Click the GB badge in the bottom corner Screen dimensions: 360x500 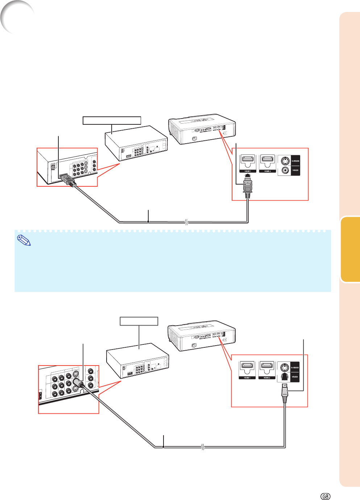point(325,496)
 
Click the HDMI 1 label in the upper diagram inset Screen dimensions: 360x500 point(248,171)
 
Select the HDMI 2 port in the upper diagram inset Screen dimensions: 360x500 point(267,160)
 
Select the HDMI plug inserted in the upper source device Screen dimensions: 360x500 point(68,180)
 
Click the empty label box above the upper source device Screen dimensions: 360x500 point(112,120)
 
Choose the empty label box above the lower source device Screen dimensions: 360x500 point(139,321)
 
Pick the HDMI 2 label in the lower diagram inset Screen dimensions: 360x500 point(267,378)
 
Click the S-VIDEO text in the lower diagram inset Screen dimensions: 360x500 point(295,368)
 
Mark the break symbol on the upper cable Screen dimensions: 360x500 point(186,222)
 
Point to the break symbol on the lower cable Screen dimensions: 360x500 point(203,447)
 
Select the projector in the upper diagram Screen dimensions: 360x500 point(202,129)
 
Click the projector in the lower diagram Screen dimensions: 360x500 point(202,335)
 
